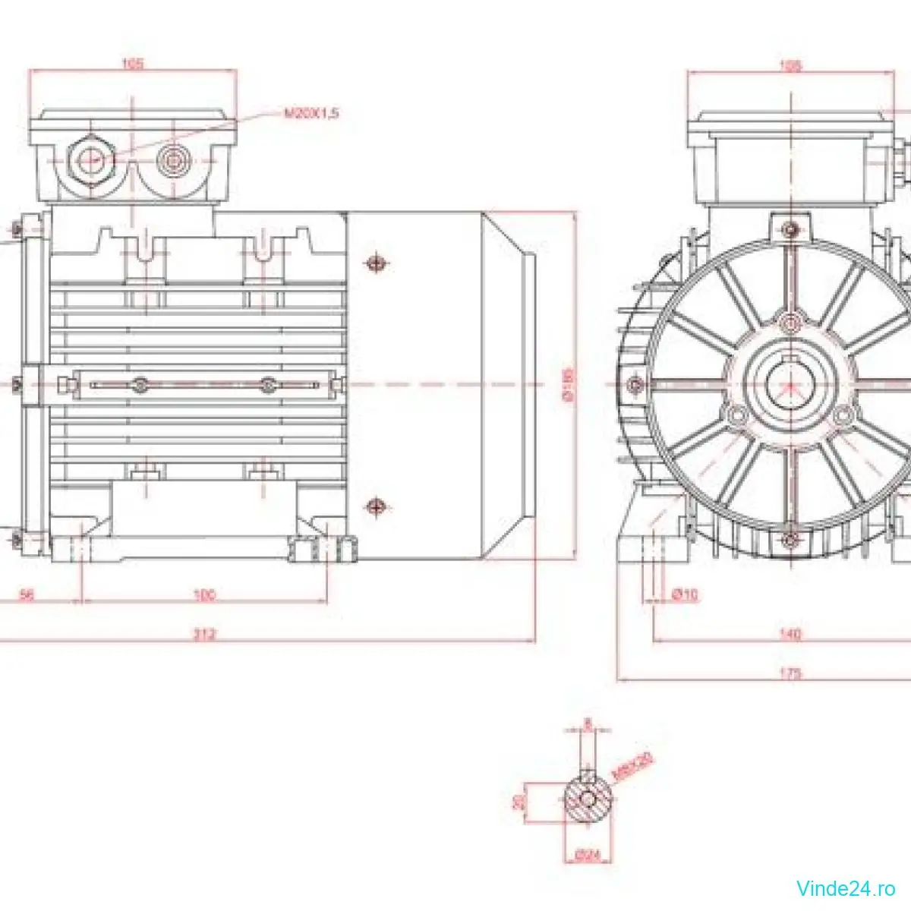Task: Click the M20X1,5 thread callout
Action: coord(311,113)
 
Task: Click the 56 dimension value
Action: coord(27,595)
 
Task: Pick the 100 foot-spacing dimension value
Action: coord(204,595)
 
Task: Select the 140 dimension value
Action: coord(790,634)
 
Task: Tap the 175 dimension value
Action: coord(790,673)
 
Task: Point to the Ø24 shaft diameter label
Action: coord(588,855)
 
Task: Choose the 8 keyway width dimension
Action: coord(588,722)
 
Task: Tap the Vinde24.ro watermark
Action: coord(846,887)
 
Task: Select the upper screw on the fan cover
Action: coord(375,263)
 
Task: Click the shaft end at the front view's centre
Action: coord(790,384)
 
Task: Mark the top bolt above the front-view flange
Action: coord(790,229)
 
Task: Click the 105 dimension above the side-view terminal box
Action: coord(133,64)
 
